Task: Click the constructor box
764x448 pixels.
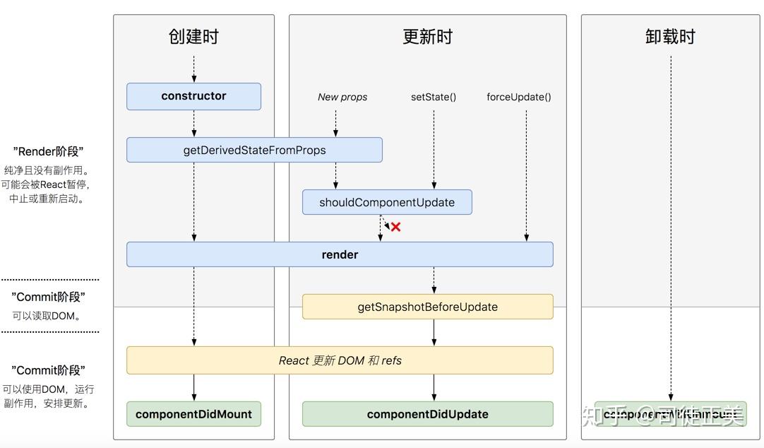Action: click(193, 96)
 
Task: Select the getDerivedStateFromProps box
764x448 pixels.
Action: click(254, 150)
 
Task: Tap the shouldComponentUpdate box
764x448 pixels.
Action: click(387, 202)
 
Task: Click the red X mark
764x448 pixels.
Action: click(396, 227)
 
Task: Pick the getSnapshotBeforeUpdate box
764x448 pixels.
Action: click(427, 307)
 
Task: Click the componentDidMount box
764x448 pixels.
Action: click(193, 414)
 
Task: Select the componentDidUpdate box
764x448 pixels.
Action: click(427, 414)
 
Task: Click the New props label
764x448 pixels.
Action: click(342, 97)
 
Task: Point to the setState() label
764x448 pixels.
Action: click(434, 97)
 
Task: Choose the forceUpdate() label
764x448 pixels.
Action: click(519, 97)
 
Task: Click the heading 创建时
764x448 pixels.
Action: click(193, 37)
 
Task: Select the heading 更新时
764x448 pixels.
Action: click(427, 37)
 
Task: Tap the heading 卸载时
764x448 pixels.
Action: click(670, 37)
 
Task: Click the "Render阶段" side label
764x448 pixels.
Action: click(49, 151)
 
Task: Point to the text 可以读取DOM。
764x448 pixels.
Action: click(47, 316)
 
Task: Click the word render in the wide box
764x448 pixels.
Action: click(340, 254)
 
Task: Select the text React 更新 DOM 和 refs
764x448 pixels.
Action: click(340, 360)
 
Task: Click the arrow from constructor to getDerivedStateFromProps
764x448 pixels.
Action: click(194, 124)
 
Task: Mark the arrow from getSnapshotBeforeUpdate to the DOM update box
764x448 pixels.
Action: click(434, 332)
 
